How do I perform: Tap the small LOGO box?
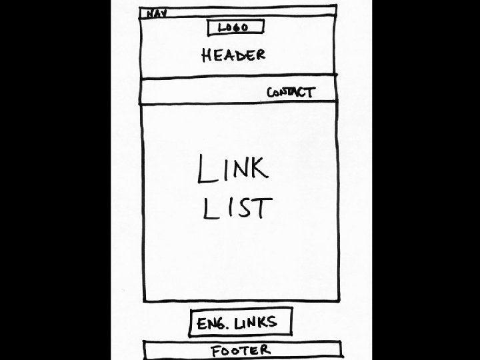236,27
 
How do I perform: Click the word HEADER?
233,55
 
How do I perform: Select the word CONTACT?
291,92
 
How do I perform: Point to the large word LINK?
233,169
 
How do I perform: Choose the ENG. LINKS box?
241,323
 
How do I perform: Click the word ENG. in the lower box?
212,324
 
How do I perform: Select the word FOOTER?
241,351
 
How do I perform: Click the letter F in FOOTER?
215,351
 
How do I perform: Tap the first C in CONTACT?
271,93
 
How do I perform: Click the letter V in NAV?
163,12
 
